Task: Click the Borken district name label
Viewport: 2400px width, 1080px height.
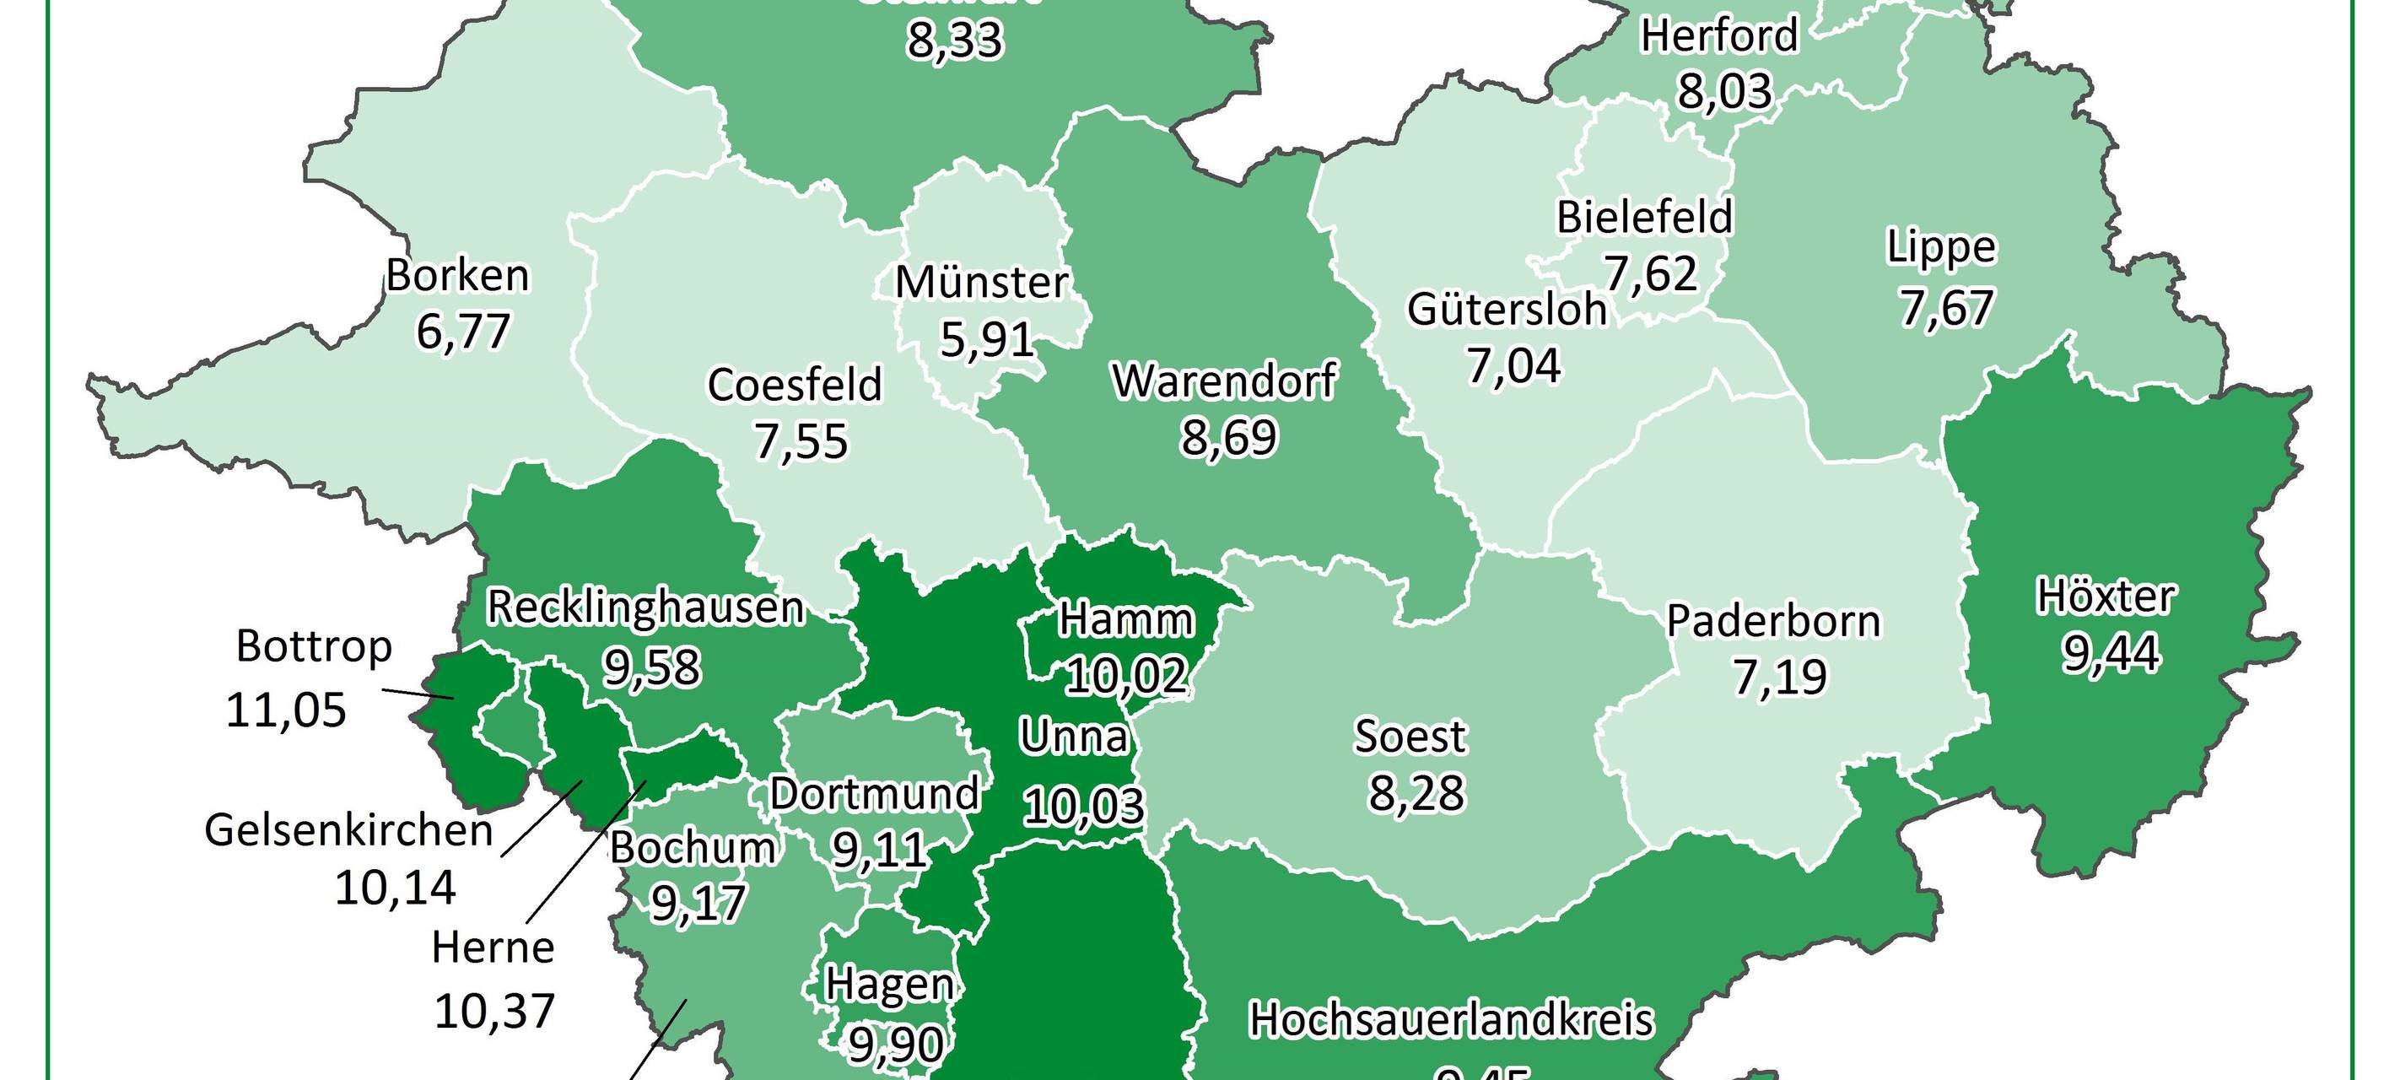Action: (x=457, y=276)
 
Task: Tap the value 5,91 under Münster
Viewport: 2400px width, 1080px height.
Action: (x=987, y=339)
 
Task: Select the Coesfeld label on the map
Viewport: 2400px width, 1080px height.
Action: (x=794, y=385)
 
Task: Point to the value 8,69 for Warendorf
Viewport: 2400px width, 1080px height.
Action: (x=1228, y=437)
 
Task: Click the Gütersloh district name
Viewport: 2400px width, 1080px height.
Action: (x=1507, y=310)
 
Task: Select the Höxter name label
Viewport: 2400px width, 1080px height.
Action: (x=2106, y=597)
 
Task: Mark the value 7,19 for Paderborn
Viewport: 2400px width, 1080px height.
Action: (x=1779, y=678)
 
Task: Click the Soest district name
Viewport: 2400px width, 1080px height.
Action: (x=1410, y=736)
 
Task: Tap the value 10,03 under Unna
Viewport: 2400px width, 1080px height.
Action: (x=1082, y=805)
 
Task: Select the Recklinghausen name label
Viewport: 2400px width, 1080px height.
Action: (x=644, y=608)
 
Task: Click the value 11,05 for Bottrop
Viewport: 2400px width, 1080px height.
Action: (x=286, y=710)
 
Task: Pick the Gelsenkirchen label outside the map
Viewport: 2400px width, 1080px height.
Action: (x=348, y=830)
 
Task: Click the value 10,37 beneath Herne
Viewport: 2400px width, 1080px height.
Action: (x=494, y=1010)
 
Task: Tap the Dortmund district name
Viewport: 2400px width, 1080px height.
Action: (x=874, y=794)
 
